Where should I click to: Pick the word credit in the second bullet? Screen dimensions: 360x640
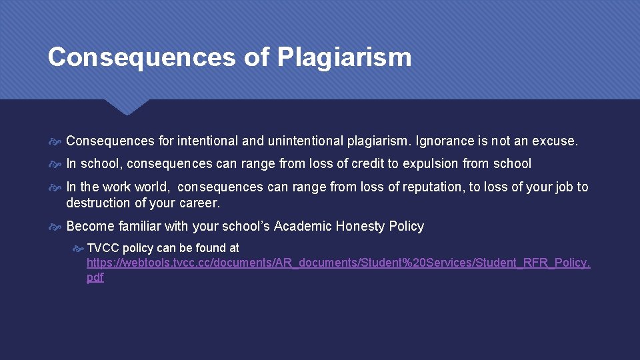coord(369,163)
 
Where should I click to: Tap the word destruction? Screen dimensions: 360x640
coord(97,203)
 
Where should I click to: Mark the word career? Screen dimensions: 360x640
coord(200,203)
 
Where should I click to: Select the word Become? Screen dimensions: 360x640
coord(89,226)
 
